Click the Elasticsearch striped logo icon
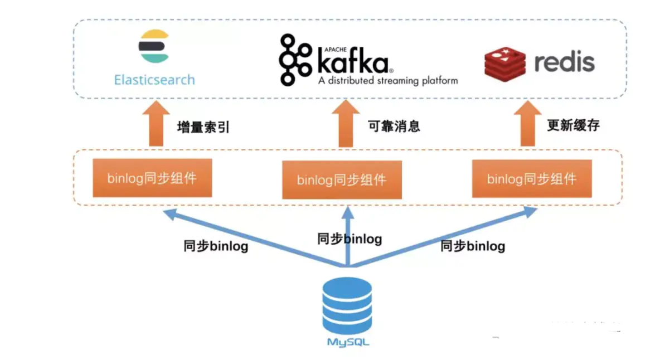click(154, 46)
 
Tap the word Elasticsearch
click(154, 80)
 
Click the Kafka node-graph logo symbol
click(295, 60)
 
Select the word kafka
click(354, 60)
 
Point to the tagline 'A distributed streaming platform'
click(388, 81)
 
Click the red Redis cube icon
click(505, 64)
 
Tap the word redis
click(564, 62)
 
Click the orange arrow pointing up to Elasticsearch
click(156, 123)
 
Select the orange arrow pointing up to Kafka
click(346, 123)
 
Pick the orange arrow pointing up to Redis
click(527, 123)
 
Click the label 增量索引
click(203, 128)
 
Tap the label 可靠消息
click(394, 127)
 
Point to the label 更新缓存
click(574, 125)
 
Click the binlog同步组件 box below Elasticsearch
click(152, 178)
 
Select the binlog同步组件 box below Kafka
click(342, 179)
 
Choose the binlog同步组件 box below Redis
click(532, 178)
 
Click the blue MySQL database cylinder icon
click(347, 305)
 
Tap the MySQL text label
click(348, 342)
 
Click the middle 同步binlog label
click(350, 239)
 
